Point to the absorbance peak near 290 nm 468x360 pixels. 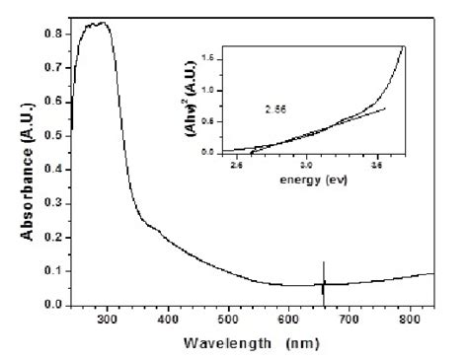tap(95, 23)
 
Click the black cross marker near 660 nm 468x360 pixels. tap(323, 284)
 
